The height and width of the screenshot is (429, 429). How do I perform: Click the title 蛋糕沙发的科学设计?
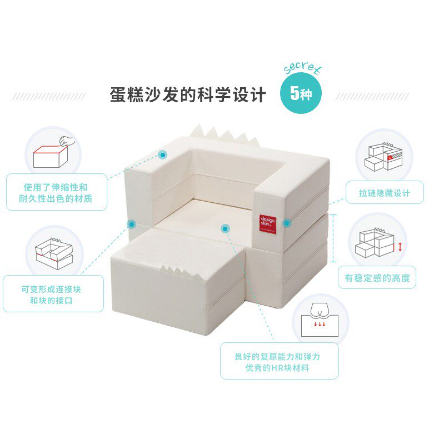coord(188,94)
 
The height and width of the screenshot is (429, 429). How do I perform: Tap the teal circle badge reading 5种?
coord(301,93)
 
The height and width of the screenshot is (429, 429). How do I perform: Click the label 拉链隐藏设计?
coord(385,193)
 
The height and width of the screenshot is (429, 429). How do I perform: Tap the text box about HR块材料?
coord(279,361)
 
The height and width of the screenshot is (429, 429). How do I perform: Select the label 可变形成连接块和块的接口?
coord(54,294)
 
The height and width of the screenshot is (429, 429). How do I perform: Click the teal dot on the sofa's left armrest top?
coord(163,154)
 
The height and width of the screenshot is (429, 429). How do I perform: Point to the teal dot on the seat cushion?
coord(225,228)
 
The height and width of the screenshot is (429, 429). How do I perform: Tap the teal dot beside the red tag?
coord(287,223)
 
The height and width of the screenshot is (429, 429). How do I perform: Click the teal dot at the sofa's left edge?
coord(132,224)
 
